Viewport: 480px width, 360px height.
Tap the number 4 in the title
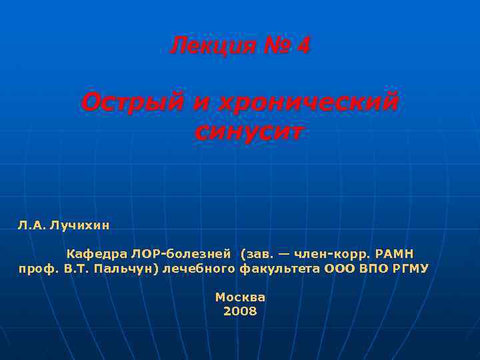[x=303, y=47]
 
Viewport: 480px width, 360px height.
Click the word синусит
[x=248, y=131]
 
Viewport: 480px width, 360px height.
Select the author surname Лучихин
[x=80, y=225]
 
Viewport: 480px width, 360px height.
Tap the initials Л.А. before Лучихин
[x=31, y=225]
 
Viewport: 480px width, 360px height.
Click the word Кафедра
[x=97, y=254]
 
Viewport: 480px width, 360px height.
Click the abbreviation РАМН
[x=395, y=254]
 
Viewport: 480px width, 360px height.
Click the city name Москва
[x=240, y=297]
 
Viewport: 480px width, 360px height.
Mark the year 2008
[x=240, y=311]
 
